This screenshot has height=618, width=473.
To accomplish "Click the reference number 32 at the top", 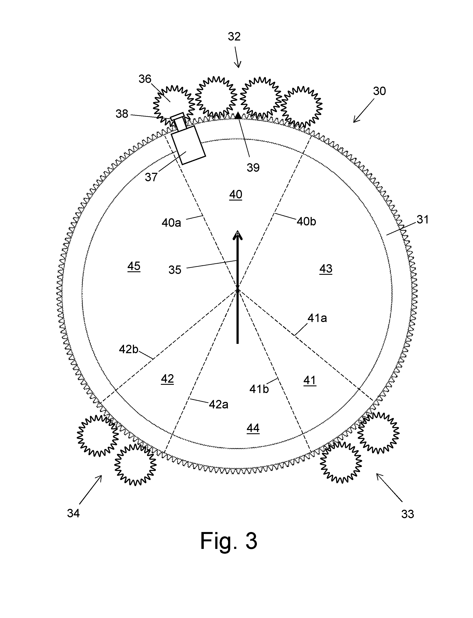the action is [x=234, y=37].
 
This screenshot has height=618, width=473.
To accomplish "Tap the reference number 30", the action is [x=379, y=91].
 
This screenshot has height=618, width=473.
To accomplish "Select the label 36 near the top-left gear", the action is [x=145, y=79].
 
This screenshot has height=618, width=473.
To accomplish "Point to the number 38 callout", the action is [x=122, y=114].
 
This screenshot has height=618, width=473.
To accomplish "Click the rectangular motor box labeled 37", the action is [x=188, y=145].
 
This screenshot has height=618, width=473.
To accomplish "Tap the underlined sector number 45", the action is [x=134, y=266].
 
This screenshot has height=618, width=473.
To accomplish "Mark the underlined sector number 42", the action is [x=167, y=379].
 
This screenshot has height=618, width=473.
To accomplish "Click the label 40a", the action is [x=171, y=223].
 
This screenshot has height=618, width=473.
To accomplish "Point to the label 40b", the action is [x=306, y=222].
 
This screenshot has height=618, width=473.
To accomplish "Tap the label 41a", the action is [x=317, y=318].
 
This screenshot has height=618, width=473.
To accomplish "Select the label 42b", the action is [x=129, y=349].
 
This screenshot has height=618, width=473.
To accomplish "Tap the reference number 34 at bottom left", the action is [x=73, y=513].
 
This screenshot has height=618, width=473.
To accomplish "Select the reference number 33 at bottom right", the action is [x=407, y=514].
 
